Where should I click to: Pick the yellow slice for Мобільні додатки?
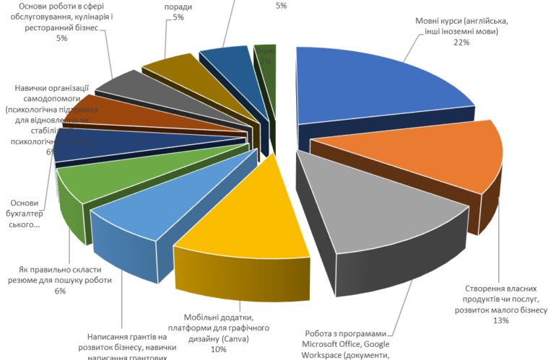[x=246, y=216]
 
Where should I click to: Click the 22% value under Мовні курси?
[x=461, y=43]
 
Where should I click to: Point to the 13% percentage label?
[x=502, y=320]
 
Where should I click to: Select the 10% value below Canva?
[x=218, y=349]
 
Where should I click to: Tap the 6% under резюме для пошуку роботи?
[x=60, y=291]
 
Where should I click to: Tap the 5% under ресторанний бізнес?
[x=62, y=38]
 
